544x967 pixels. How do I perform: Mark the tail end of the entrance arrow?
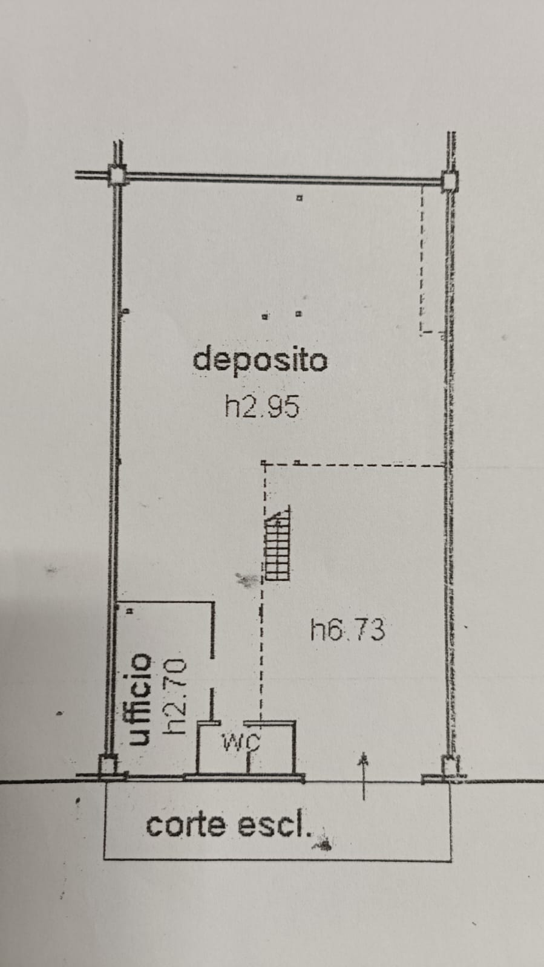click(364, 799)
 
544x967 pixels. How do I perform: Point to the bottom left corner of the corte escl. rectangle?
click(104, 858)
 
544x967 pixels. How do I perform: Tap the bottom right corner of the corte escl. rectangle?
click(451, 861)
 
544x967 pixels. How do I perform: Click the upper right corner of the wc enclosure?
click(295, 722)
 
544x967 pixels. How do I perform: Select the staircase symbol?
click(277, 542)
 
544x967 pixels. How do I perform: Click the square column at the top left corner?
click(117, 175)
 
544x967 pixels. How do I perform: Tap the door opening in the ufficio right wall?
click(212, 674)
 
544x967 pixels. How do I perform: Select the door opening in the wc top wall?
click(232, 723)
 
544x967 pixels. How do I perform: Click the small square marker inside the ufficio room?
click(129, 611)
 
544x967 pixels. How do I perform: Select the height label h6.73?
click(347, 630)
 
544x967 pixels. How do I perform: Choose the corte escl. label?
click(229, 826)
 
